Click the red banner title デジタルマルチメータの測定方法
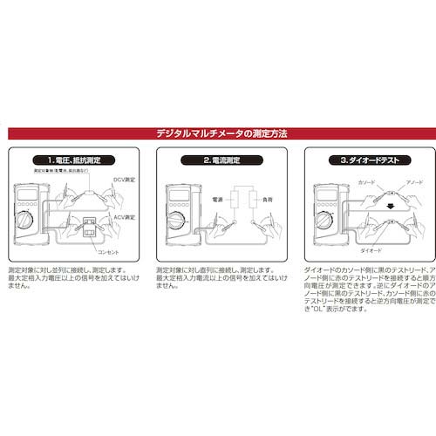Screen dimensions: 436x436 tap(218, 134)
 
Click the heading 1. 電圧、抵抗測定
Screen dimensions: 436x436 tap(77, 161)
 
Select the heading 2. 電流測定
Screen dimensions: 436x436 tap(218, 161)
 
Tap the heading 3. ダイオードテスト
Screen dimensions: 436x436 tap(359, 161)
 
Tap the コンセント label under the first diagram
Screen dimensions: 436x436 tap(107, 253)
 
